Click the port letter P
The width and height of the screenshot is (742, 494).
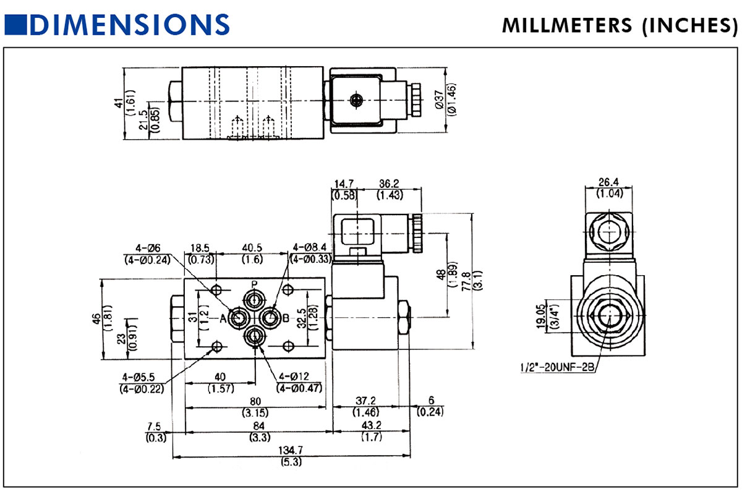tap(254, 284)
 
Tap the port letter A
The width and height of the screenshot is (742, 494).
tap(223, 318)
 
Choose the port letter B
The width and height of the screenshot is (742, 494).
tap(286, 318)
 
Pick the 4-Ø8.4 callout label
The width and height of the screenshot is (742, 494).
tap(312, 247)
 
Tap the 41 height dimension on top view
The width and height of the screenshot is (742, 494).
tap(119, 102)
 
